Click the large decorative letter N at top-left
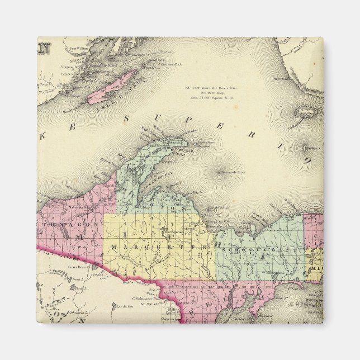pyautogui.click(x=44, y=46)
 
